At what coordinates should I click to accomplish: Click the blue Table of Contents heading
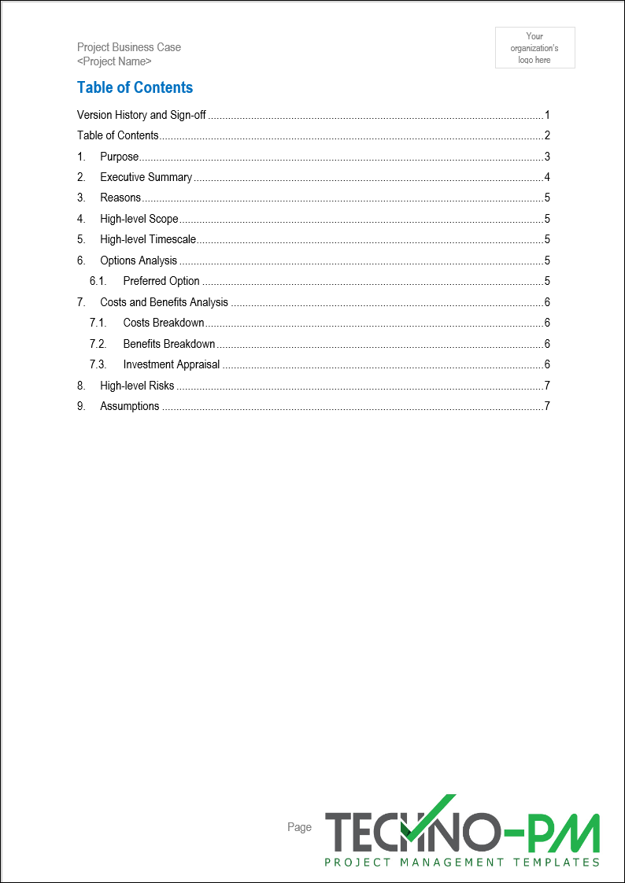pyautogui.click(x=135, y=87)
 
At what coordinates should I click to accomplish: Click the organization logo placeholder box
pyautogui.click(x=534, y=48)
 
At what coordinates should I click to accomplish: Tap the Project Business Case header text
pyautogui.click(x=129, y=47)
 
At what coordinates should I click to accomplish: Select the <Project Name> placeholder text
pyautogui.click(x=114, y=61)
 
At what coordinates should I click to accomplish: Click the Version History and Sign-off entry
pyautogui.click(x=142, y=115)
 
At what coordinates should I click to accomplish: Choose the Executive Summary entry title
pyautogui.click(x=146, y=177)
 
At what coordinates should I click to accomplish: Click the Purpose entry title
pyautogui.click(x=119, y=157)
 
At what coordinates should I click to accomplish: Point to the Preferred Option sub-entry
pyautogui.click(x=161, y=281)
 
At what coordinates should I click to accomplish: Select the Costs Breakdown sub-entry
pyautogui.click(x=164, y=323)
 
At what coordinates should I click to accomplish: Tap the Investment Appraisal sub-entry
pyautogui.click(x=172, y=364)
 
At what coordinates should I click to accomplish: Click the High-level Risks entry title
pyautogui.click(x=137, y=386)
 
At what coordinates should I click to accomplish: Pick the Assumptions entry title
pyautogui.click(x=130, y=406)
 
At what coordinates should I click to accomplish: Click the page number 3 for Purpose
pyautogui.click(x=546, y=157)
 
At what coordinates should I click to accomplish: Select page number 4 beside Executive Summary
pyautogui.click(x=546, y=177)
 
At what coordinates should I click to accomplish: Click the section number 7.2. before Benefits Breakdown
pyautogui.click(x=98, y=344)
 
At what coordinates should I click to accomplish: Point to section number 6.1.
pyautogui.click(x=98, y=281)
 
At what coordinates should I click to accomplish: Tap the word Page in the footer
pyautogui.click(x=299, y=827)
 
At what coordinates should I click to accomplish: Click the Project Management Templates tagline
pyautogui.click(x=462, y=863)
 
